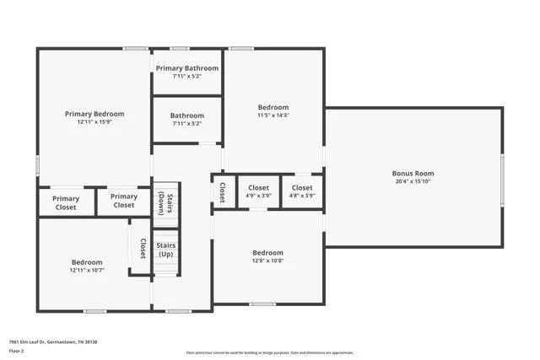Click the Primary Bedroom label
coord(94,114)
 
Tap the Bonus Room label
coord(413,173)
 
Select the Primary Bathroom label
coord(186,68)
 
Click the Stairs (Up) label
coord(165,249)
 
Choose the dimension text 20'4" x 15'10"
coord(413,181)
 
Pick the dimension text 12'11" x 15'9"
coord(94,122)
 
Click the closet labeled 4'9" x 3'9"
coord(258,191)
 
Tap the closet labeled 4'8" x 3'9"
coord(302,191)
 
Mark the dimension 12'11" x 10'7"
coord(87,271)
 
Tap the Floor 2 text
coord(16,352)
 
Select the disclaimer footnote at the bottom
coord(270,352)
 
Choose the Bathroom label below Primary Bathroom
coord(186,116)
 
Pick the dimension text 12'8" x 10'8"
coord(268,261)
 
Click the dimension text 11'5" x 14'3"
coord(273,116)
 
